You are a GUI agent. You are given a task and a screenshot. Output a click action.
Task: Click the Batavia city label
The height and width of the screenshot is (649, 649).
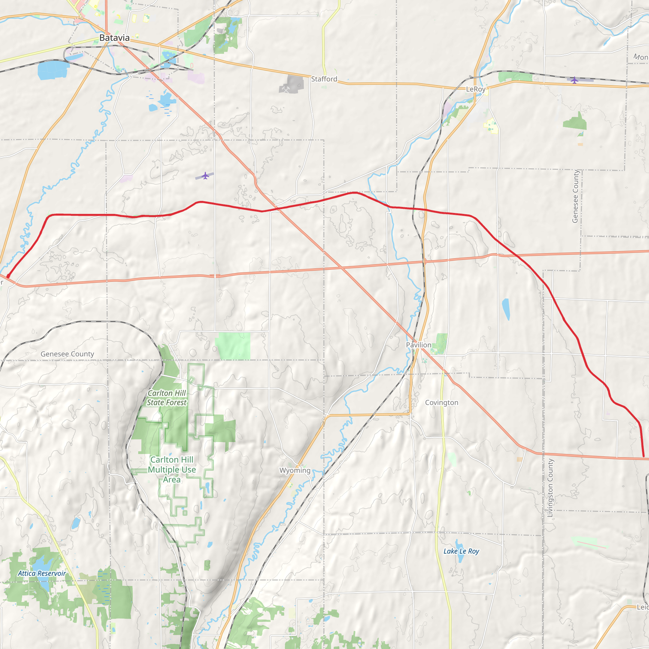(x=114, y=38)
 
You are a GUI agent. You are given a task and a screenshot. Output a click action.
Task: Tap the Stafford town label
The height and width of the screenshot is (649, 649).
(x=324, y=79)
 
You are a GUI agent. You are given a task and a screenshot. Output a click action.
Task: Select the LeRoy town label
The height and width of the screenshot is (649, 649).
(x=476, y=89)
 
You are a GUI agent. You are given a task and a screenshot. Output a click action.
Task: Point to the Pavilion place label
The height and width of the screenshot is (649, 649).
(x=419, y=345)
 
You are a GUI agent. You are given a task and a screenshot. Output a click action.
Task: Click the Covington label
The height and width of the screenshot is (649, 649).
(x=441, y=402)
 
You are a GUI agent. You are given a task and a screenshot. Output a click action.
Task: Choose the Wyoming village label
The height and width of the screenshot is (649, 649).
(x=295, y=470)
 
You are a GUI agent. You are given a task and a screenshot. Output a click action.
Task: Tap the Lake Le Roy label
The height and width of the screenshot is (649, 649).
(x=461, y=551)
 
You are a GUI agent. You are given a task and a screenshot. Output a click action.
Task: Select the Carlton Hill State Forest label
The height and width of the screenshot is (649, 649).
(x=167, y=398)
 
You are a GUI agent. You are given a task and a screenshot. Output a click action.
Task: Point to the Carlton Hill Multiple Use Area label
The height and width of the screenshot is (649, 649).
(x=172, y=469)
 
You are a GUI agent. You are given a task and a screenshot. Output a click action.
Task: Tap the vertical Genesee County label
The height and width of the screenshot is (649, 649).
(x=575, y=196)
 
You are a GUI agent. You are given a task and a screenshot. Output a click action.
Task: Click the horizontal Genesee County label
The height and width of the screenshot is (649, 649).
(x=67, y=354)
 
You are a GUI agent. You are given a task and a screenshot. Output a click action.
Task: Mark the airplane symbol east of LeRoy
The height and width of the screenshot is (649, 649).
(x=575, y=80)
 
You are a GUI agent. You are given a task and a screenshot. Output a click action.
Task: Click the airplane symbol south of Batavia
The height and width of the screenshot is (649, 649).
(x=205, y=176)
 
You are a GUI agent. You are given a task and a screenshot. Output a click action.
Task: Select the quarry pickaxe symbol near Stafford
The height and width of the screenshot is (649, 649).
(x=286, y=90)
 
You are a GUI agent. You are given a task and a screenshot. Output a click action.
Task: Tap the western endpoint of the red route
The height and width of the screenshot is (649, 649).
(x=8, y=276)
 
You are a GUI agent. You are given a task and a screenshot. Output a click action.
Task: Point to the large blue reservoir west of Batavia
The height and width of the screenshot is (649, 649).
(x=53, y=70)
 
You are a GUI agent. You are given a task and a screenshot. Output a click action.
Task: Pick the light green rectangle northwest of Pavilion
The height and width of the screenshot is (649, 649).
(x=234, y=346)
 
